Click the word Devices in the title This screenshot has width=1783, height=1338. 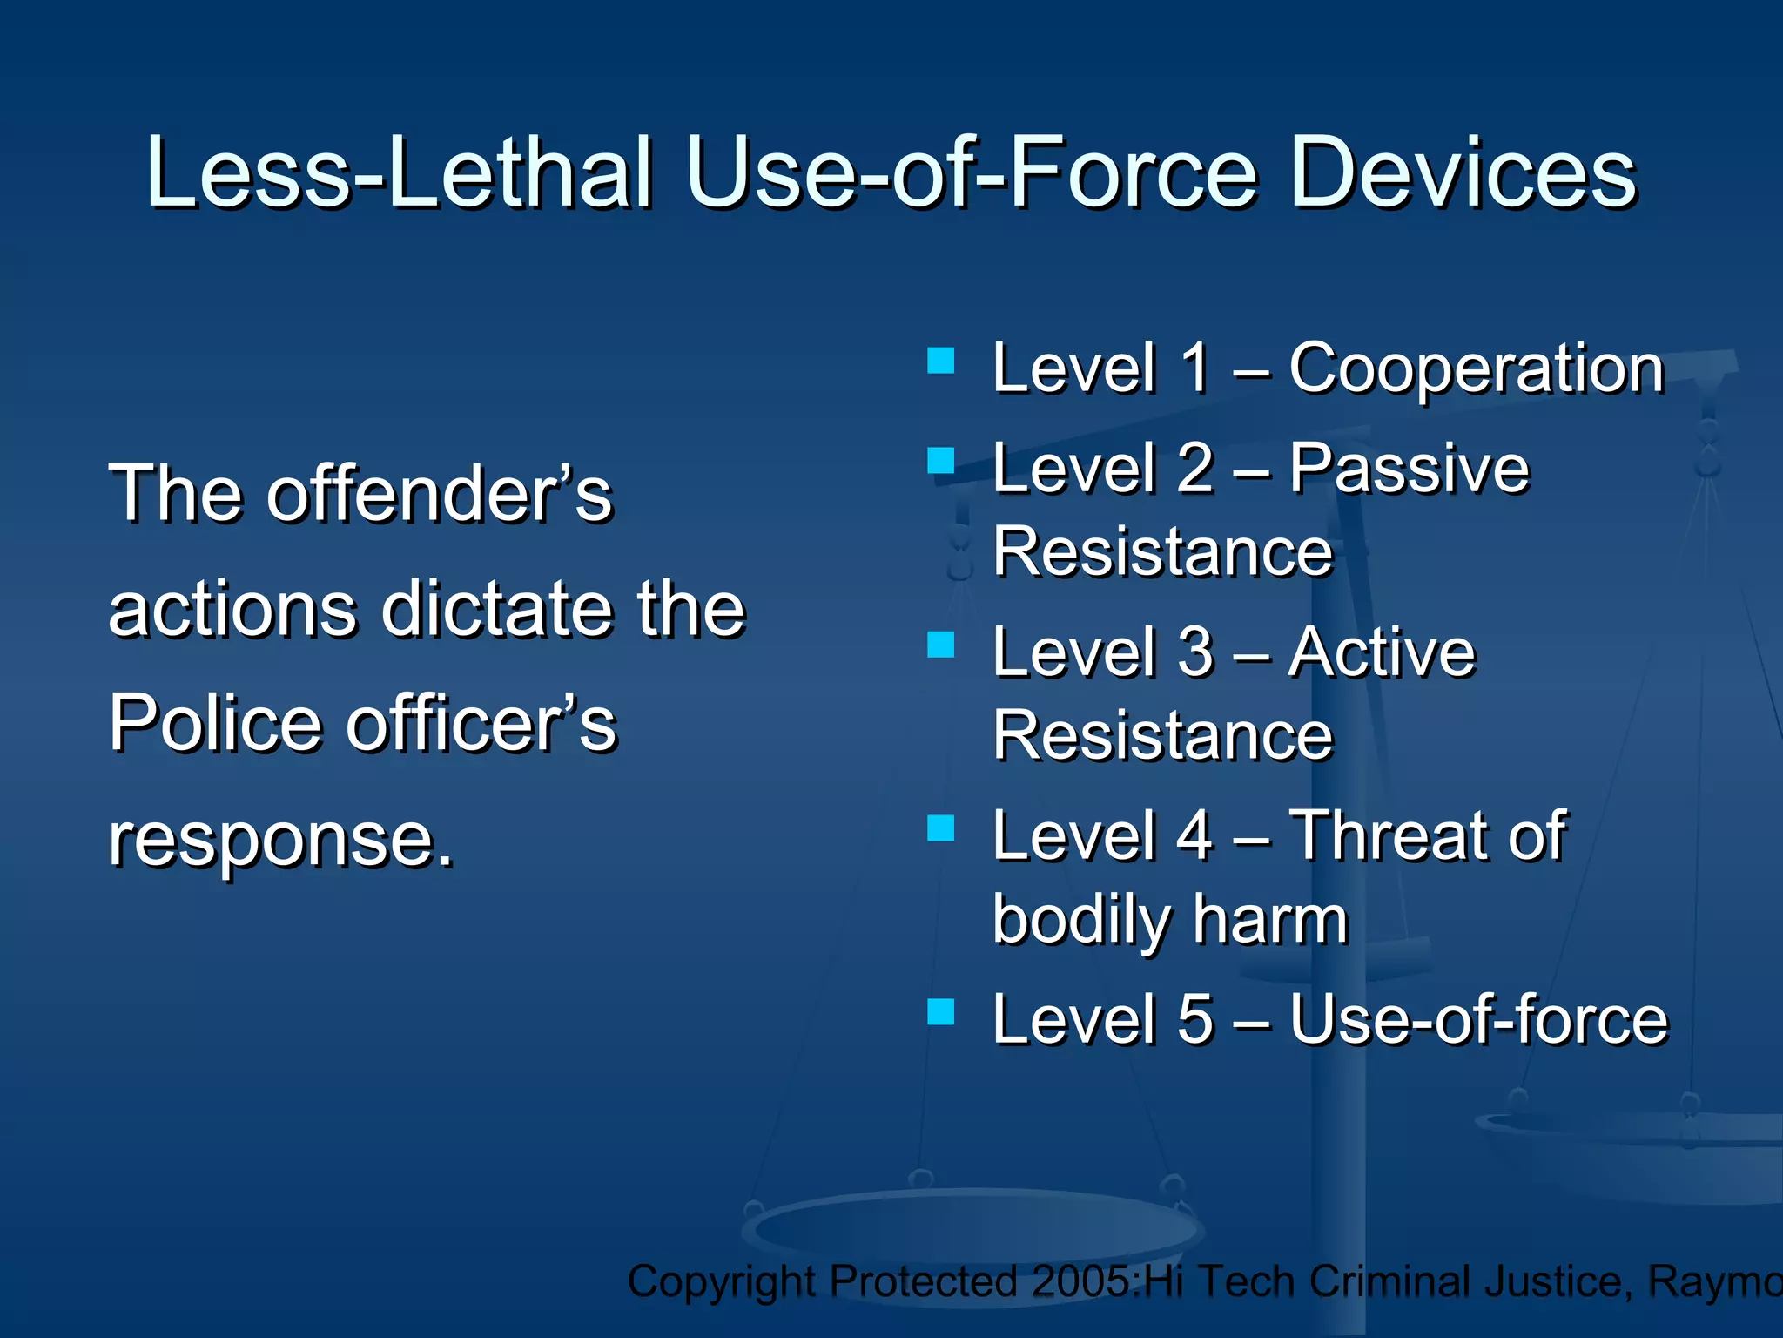point(1463,174)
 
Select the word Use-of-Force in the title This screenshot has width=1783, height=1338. point(972,174)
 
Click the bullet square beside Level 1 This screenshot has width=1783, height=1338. point(941,361)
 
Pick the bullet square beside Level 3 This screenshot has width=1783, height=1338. point(941,645)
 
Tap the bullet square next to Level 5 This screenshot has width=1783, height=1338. point(941,1012)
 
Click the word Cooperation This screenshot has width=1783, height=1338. point(1477,369)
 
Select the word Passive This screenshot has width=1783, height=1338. point(1409,469)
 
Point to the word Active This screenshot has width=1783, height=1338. point(1383,653)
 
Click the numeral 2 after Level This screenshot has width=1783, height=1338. point(1195,469)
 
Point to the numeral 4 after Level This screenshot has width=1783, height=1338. point(1195,836)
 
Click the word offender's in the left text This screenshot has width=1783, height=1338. point(440,495)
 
